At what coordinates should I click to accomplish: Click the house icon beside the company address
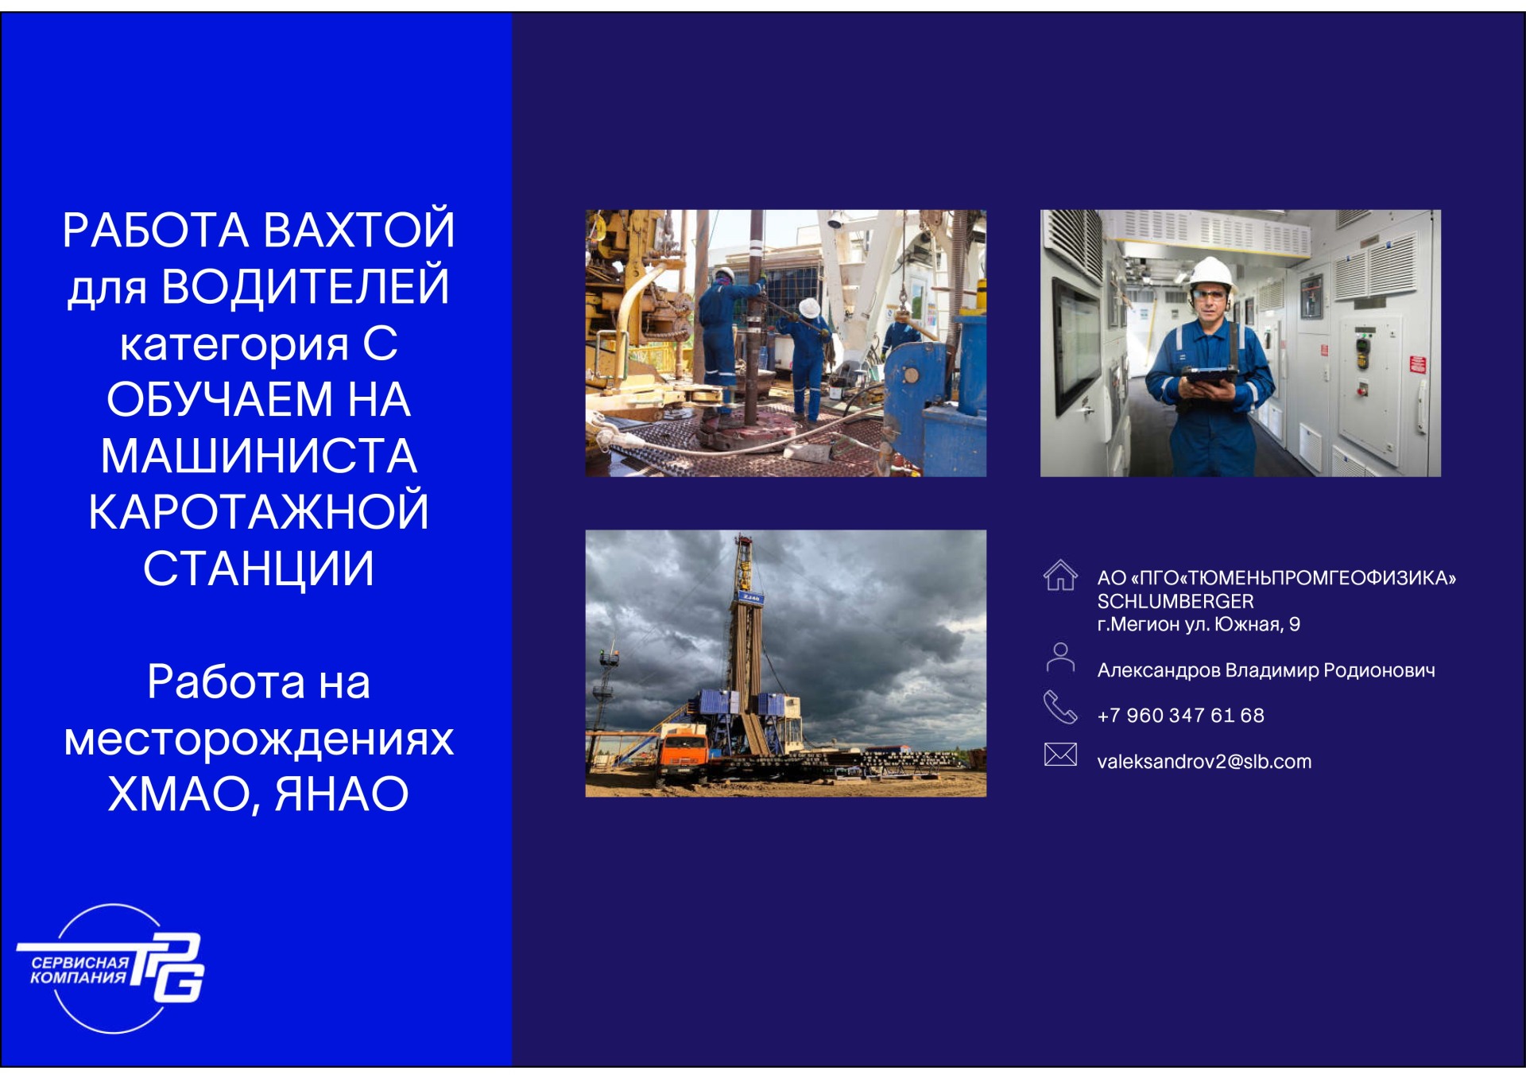(x=1060, y=575)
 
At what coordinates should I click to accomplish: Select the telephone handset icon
(x=1060, y=706)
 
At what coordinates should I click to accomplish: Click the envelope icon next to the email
(x=1060, y=754)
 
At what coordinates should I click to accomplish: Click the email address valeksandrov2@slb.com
(x=1204, y=762)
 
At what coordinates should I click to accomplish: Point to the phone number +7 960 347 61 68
(x=1180, y=716)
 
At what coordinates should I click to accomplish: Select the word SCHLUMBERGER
(x=1175, y=601)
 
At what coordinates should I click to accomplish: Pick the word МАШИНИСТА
(x=258, y=456)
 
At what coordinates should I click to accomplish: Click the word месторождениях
(x=258, y=739)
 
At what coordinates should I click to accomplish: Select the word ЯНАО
(x=342, y=794)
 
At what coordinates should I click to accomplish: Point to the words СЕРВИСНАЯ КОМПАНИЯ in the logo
(x=79, y=970)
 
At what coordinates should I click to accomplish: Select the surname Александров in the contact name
(x=1159, y=671)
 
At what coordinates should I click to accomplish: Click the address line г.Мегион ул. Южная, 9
(x=1199, y=625)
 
